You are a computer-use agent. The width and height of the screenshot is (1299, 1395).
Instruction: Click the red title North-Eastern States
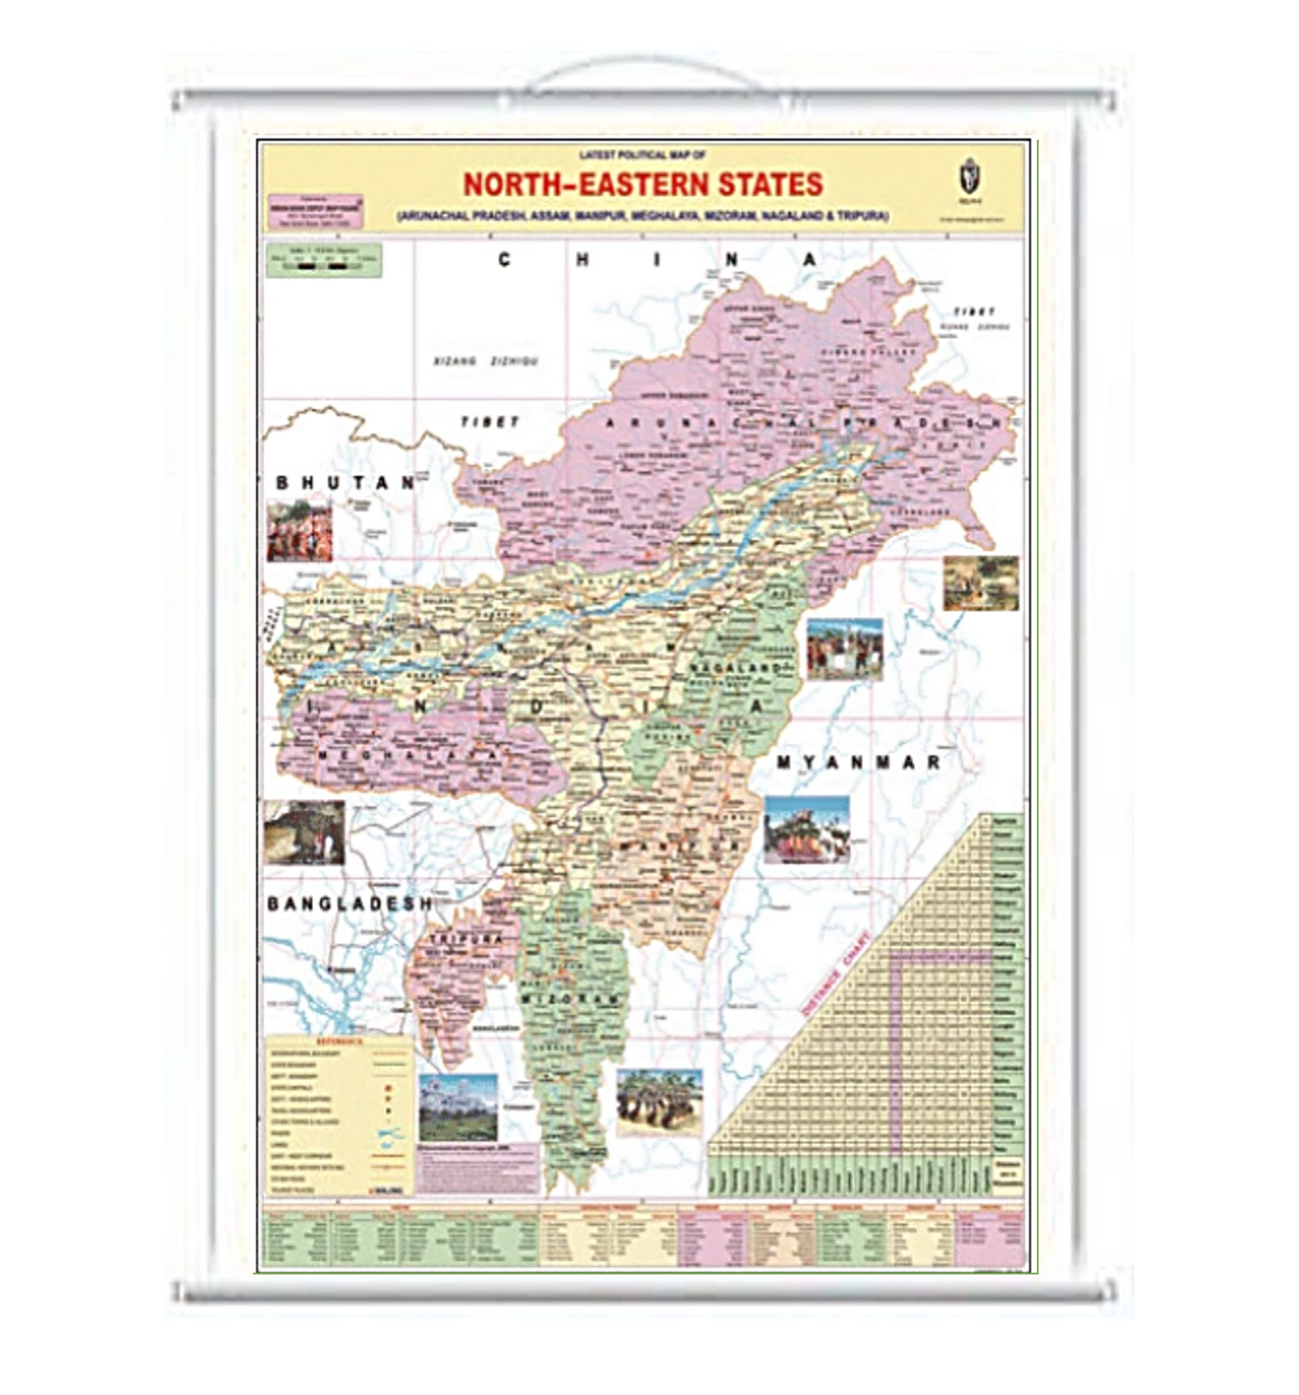pos(642,185)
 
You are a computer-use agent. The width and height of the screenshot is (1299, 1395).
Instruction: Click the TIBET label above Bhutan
pos(490,423)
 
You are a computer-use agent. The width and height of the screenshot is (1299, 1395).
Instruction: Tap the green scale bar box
pos(323,260)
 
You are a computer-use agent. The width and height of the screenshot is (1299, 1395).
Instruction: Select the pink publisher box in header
pos(316,211)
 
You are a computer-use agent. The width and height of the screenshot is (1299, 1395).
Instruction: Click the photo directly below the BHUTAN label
pos(299,531)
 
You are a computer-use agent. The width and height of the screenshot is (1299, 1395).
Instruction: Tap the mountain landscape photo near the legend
pos(458,1107)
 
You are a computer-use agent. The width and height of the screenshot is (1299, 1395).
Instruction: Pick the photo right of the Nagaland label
pos(844,649)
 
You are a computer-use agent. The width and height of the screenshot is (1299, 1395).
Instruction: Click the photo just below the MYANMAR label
pos(806,829)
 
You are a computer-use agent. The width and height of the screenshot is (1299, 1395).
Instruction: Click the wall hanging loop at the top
pos(644,74)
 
